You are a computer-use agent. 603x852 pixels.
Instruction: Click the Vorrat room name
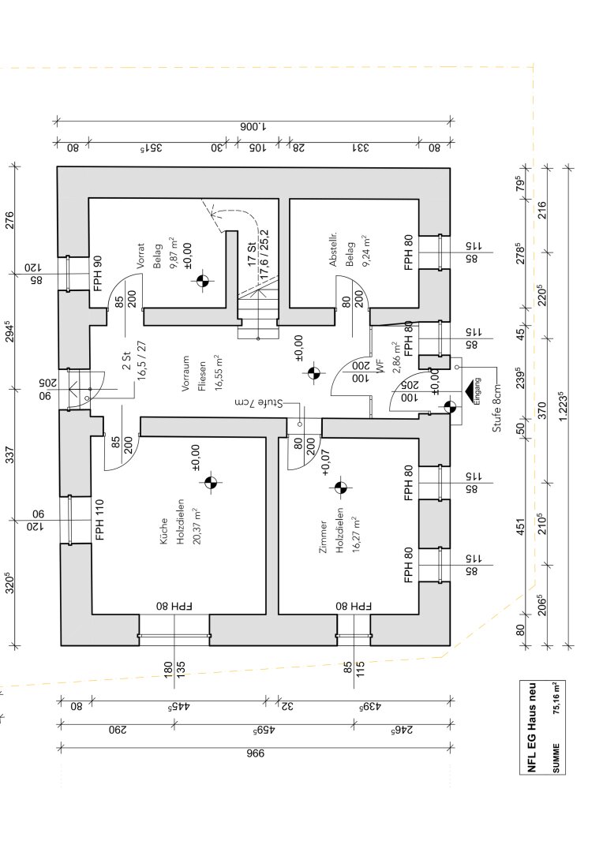(x=140, y=257)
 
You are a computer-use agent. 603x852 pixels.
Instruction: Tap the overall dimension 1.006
(x=253, y=126)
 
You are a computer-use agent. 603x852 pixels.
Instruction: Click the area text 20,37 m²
(x=193, y=532)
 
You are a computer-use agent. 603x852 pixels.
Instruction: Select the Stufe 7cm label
(x=258, y=403)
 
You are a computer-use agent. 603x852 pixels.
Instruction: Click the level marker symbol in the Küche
(x=210, y=483)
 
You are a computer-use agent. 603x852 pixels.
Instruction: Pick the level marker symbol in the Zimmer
(x=341, y=488)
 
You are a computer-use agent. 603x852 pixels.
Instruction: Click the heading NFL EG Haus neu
(x=533, y=727)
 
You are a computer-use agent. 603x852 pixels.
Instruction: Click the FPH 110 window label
(x=100, y=520)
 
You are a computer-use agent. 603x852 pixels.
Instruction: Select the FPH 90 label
(x=98, y=273)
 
